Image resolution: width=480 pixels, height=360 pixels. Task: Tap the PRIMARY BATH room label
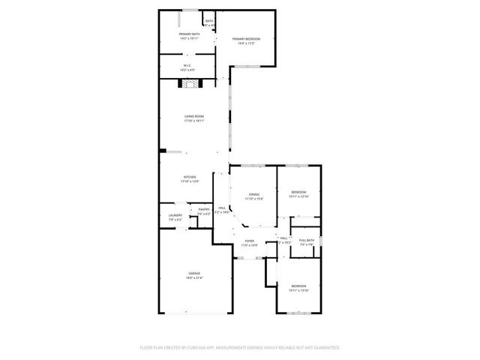[x=189, y=34]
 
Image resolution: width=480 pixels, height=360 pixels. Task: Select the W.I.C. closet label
[x=188, y=65]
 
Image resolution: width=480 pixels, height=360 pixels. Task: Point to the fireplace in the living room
[x=189, y=84]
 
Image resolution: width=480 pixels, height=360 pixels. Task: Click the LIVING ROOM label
[x=195, y=116]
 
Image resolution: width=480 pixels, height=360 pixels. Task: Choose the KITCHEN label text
[x=189, y=177]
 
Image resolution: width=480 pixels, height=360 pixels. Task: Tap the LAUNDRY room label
[x=175, y=215]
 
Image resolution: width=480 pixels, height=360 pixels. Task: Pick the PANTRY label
[x=203, y=209]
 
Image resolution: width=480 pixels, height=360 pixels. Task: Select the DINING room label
[x=254, y=194]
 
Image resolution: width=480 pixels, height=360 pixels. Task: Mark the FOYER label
[x=249, y=241]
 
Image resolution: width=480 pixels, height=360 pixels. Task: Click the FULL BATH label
[x=307, y=240]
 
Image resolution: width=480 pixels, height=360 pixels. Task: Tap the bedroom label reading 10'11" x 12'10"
[x=298, y=196]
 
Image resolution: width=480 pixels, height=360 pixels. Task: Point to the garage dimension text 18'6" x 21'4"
[x=195, y=277]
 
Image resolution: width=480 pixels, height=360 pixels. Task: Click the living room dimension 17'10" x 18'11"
[x=195, y=121]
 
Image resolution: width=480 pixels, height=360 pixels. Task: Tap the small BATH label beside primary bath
[x=209, y=21]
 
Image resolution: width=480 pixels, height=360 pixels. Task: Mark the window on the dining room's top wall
[x=253, y=165]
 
